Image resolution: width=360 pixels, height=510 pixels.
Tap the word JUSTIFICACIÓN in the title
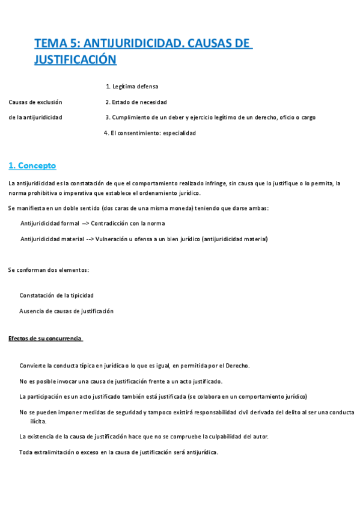click(75, 60)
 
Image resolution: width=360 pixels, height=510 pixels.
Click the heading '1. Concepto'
click(32, 165)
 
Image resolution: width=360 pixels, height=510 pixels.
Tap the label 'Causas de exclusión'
click(35, 102)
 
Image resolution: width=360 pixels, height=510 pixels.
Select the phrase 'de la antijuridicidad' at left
click(35, 117)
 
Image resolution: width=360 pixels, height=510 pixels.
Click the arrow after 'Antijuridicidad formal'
click(85, 223)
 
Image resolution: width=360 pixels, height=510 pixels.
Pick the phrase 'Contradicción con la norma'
click(128, 223)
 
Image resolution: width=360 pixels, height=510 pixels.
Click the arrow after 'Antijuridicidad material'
click(90, 239)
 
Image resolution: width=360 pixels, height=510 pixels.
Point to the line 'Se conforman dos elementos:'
click(49, 270)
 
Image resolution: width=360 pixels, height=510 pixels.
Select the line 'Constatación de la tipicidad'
click(56, 295)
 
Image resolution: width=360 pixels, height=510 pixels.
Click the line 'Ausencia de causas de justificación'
click(66, 311)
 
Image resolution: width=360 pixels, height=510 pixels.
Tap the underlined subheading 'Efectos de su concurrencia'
click(45, 339)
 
